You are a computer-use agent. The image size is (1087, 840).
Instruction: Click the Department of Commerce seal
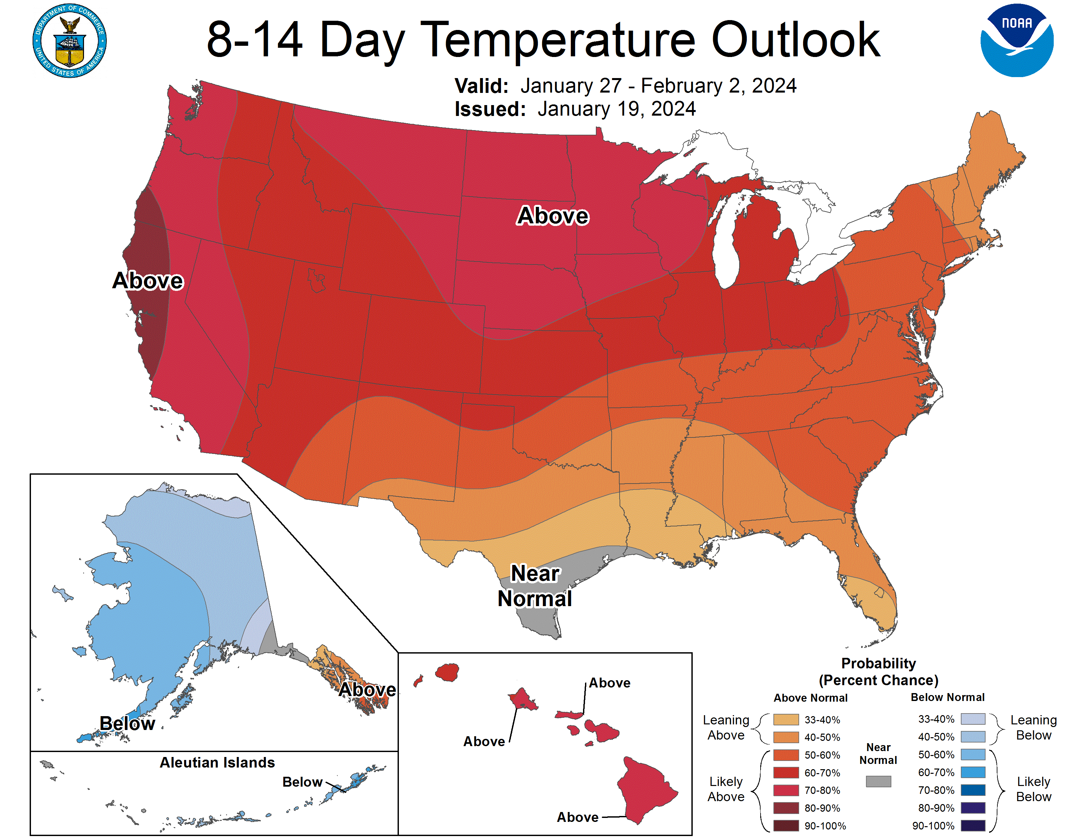(x=70, y=41)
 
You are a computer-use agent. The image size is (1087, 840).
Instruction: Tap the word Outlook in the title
(x=795, y=40)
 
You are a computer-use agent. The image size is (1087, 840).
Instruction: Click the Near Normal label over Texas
(x=535, y=586)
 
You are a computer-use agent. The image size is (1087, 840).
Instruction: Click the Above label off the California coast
(x=148, y=280)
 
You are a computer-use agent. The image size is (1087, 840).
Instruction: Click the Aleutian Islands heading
(x=217, y=762)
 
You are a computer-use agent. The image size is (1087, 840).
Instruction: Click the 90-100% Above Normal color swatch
(x=786, y=826)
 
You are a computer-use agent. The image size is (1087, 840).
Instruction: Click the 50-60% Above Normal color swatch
(x=786, y=755)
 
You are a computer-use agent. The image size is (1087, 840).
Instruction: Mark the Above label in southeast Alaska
(x=367, y=689)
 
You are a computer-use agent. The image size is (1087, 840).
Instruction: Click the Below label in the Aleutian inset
(x=302, y=782)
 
